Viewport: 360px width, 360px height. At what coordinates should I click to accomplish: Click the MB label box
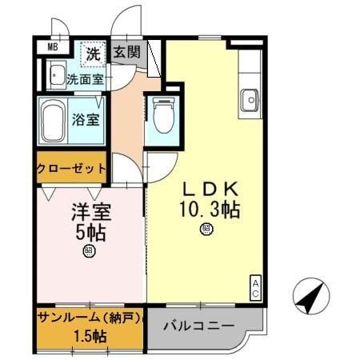[x=52, y=47]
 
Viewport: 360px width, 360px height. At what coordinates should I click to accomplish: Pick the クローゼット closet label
[x=70, y=168]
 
